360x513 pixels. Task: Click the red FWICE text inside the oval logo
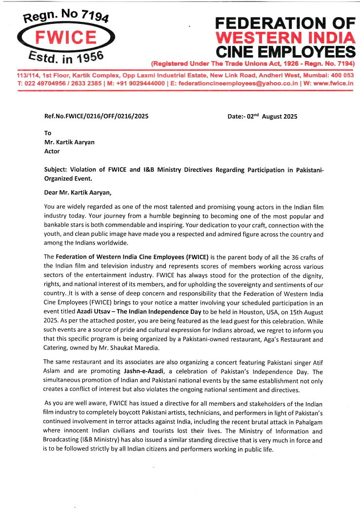point(66,38)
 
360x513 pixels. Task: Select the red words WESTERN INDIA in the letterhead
point(285,37)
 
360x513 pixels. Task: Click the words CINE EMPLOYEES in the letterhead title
point(285,51)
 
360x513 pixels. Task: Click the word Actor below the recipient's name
point(52,151)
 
